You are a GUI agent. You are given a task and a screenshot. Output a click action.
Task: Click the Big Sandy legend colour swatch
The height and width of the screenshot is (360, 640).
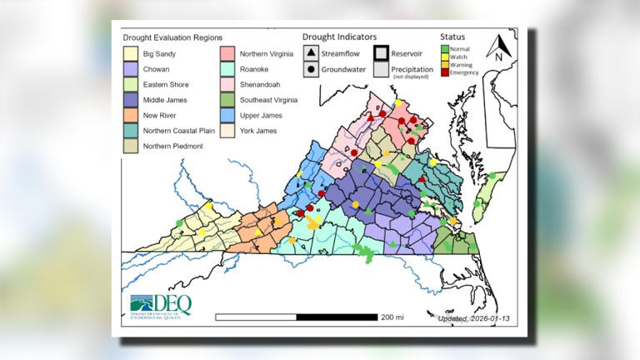pos(131,52)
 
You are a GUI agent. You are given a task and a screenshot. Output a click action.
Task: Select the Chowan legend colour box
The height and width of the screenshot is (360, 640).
pos(131,68)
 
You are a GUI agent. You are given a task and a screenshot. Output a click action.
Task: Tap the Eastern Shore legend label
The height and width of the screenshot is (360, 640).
pos(166,84)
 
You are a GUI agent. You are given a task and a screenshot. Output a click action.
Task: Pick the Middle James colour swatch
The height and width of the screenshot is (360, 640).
pos(131,100)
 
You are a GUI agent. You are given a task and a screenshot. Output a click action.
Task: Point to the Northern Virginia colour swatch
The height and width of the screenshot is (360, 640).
pos(227,52)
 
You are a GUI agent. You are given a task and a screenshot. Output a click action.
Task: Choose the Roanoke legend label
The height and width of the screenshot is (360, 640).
pos(254,68)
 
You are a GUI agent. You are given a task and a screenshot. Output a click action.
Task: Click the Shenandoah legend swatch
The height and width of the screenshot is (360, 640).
pos(227,84)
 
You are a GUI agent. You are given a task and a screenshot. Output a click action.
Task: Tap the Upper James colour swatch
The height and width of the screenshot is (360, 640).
pos(227,116)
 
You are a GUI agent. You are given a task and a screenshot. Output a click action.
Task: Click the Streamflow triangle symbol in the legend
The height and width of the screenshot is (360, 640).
pos(309,52)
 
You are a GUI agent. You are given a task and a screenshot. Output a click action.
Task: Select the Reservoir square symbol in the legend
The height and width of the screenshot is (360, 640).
pos(380,52)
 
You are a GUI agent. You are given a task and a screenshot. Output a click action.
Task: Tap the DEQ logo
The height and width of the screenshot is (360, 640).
pos(160,305)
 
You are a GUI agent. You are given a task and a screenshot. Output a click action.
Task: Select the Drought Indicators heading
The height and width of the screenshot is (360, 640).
pos(339,37)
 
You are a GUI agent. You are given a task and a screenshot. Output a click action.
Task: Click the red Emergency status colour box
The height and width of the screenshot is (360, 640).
pos(443,72)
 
